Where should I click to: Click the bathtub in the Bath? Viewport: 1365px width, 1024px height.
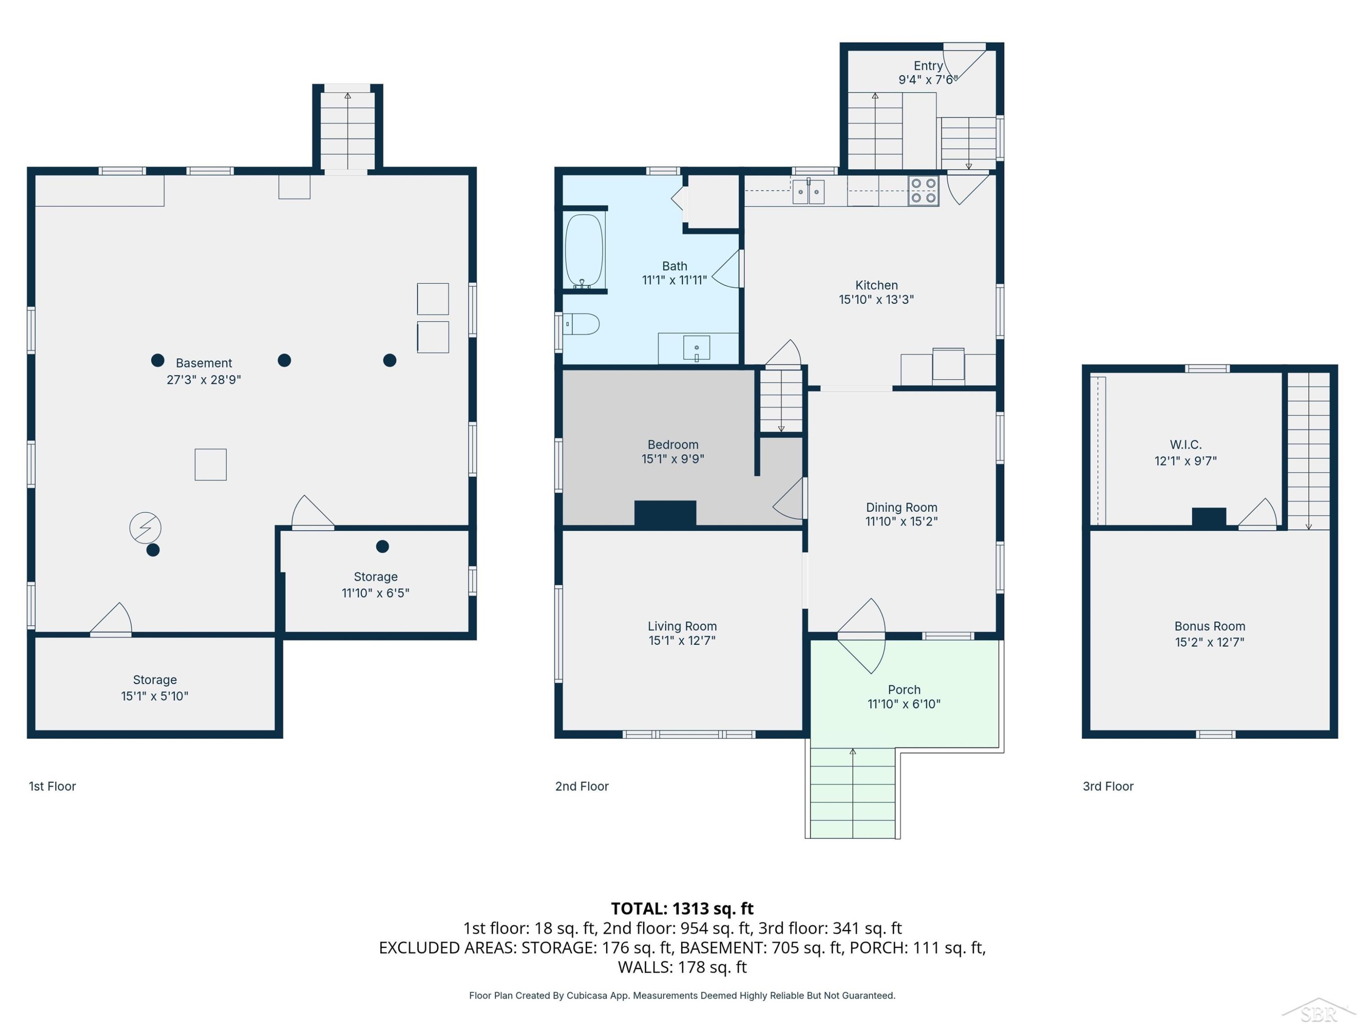click(x=584, y=250)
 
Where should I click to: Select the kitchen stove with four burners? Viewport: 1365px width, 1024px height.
click(x=923, y=191)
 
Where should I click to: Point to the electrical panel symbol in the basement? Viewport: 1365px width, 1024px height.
click(x=145, y=528)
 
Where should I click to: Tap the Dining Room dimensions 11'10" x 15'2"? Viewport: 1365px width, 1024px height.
click(x=901, y=521)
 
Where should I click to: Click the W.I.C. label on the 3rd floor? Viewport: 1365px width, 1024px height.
click(x=1185, y=444)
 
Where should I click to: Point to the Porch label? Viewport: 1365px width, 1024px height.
click(x=904, y=689)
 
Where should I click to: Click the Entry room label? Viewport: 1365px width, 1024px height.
click(x=928, y=66)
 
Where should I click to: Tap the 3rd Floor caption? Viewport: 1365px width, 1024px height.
click(x=1108, y=786)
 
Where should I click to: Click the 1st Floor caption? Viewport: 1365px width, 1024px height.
click(x=52, y=786)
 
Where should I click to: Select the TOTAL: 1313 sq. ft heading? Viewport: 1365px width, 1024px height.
click(x=682, y=908)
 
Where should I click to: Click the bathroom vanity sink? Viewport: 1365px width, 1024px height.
click(x=697, y=348)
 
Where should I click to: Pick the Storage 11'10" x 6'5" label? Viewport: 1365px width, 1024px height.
click(x=375, y=584)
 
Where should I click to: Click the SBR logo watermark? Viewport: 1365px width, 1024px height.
click(x=1319, y=1010)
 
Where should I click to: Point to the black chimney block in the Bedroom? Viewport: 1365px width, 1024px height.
click(x=665, y=513)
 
